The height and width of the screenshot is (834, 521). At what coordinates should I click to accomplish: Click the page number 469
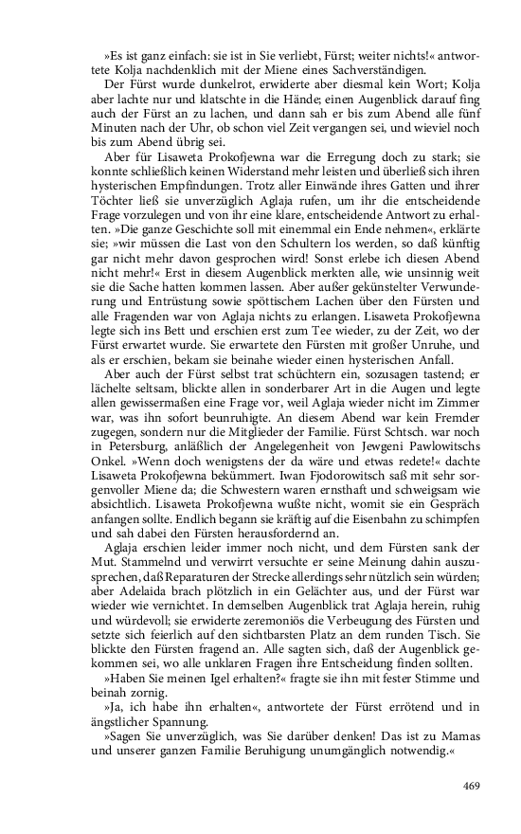[x=470, y=785]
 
